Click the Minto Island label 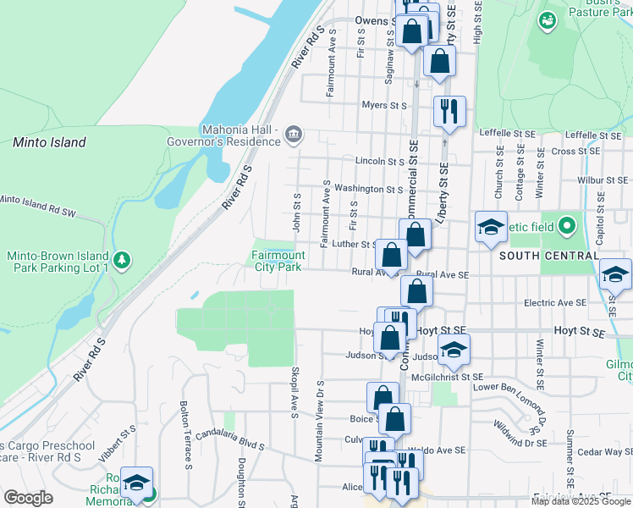[49, 142]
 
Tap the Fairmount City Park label [278, 261]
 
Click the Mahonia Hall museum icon [294, 134]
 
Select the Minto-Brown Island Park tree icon [122, 260]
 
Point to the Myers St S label [384, 105]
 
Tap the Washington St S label [368, 189]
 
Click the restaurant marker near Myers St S [449, 111]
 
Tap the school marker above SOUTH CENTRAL [491, 227]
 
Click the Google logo [28, 498]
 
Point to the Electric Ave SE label [555, 302]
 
